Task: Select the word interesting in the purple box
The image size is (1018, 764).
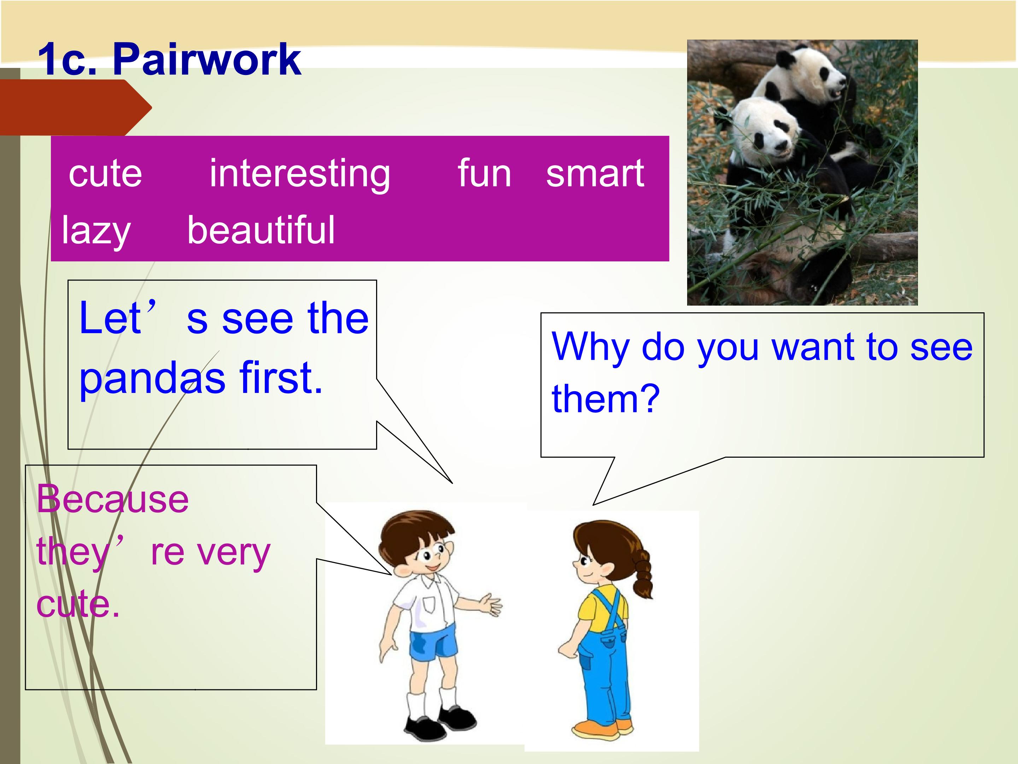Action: pos(300,174)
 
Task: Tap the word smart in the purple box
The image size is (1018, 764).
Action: pos(595,174)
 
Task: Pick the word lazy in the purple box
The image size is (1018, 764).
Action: pos(96,231)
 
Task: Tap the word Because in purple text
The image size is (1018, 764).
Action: pos(113,499)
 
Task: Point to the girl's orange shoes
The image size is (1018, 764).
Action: pos(602,728)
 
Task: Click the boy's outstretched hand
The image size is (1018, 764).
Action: pos(491,604)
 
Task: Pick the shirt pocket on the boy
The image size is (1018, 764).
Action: pos(429,604)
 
